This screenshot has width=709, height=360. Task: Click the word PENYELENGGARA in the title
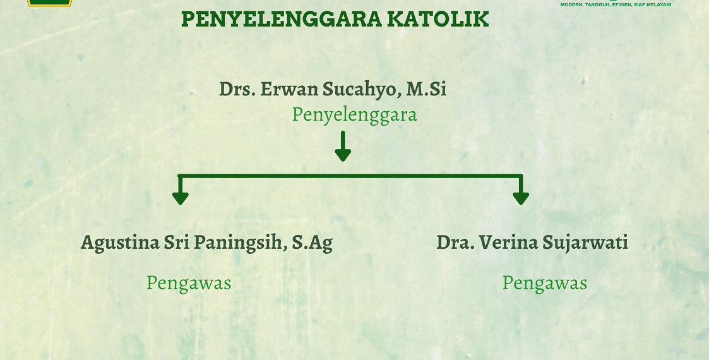click(281, 20)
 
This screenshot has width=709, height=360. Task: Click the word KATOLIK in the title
click(438, 20)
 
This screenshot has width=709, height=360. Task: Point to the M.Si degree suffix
click(426, 89)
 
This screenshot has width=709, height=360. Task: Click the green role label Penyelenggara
click(354, 115)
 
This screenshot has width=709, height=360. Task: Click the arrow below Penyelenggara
click(343, 147)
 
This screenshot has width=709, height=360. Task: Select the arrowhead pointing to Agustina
click(181, 197)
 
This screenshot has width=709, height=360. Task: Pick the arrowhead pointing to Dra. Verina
click(521, 197)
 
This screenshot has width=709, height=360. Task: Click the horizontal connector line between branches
click(350, 176)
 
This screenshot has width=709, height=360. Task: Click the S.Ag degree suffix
click(312, 243)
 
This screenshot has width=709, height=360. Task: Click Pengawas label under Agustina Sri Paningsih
click(189, 283)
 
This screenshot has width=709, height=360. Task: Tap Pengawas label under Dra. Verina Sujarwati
click(544, 283)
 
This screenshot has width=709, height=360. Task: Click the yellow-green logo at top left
click(49, 3)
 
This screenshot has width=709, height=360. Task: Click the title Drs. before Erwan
click(237, 89)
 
